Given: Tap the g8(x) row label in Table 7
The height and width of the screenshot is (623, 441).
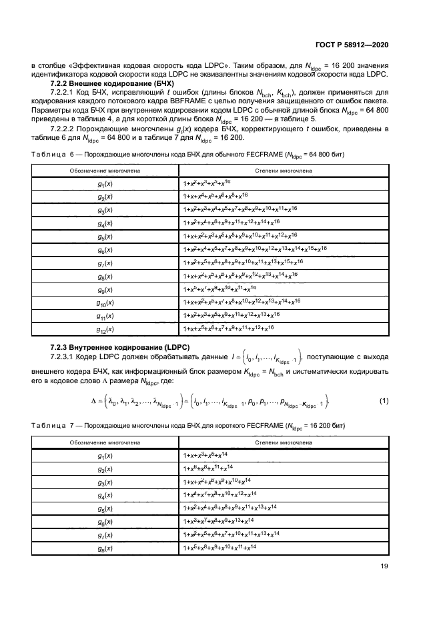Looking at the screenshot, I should pos(105,548).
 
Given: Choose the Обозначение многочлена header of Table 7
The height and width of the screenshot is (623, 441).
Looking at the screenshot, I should pos(105,441).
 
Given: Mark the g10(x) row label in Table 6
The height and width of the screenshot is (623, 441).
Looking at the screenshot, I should pos(105,302).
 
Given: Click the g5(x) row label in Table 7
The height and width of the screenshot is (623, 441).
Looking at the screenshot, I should pos(105,507).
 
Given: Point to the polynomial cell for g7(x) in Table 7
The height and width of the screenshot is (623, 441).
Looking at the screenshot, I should pos(231,534).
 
